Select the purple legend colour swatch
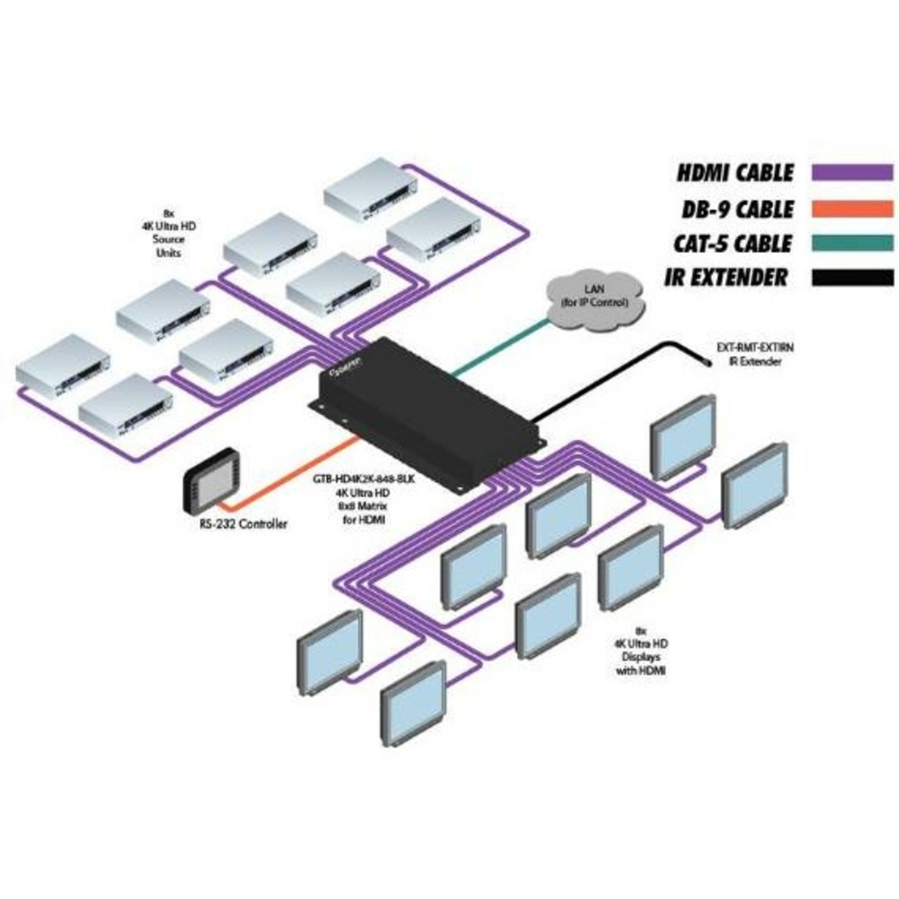click(x=851, y=174)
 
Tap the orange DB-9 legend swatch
click(x=851, y=209)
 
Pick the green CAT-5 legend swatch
click(x=851, y=244)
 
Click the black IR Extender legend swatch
click(x=851, y=278)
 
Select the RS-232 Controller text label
click(x=245, y=523)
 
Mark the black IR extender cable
click(x=611, y=378)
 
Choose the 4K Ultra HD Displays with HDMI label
click(x=640, y=651)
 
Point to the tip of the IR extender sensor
click(x=708, y=361)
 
